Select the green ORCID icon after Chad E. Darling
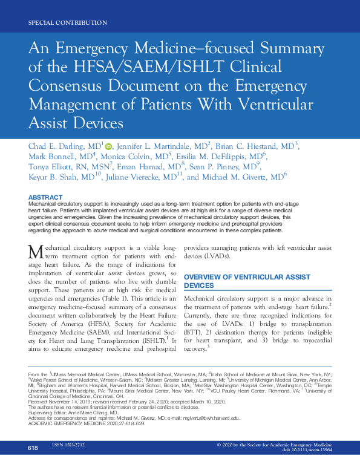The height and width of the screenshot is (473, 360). click(x=109, y=146)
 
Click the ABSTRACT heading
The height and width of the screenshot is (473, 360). click(x=45, y=197)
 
